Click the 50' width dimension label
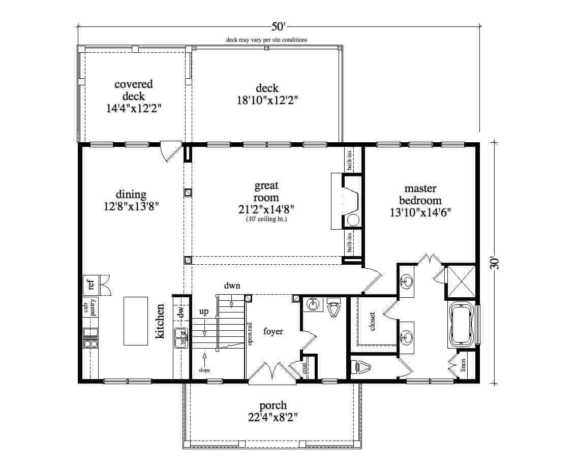278,26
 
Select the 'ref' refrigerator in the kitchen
92,284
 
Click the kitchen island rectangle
136,322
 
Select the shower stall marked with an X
460,281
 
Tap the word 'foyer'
272,332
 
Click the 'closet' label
372,321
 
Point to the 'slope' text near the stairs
204,370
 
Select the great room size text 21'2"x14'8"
267,208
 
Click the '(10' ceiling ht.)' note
267,220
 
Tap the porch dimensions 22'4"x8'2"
273,418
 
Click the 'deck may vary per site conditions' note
267,40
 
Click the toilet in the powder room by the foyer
333,308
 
